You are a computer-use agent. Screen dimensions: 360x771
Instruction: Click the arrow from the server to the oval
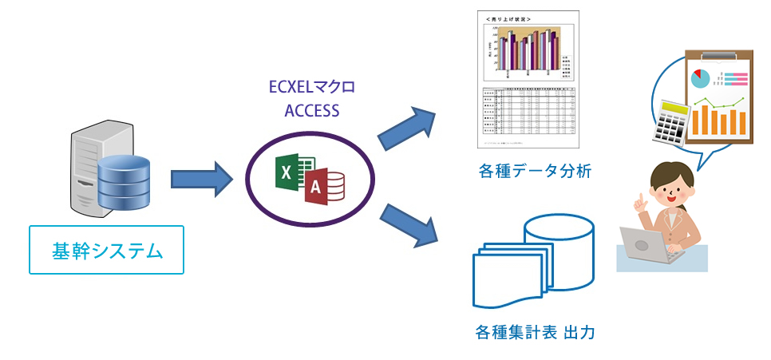tap(200, 177)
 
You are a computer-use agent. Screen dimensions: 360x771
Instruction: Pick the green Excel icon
tap(288, 174)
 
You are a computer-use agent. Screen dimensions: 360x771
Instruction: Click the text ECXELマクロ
tap(313, 86)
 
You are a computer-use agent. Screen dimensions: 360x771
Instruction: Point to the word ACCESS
tap(312, 109)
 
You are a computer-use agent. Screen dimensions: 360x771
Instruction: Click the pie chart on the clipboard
tap(701, 78)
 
